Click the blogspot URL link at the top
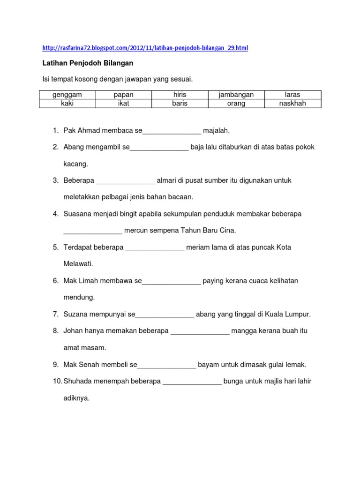pyautogui.click(x=145, y=48)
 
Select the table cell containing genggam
pyautogui.click(x=67, y=95)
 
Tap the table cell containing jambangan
pyautogui.click(x=236, y=95)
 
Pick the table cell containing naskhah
pyautogui.click(x=292, y=104)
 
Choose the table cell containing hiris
pyautogui.click(x=180, y=95)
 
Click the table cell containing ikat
pyautogui.click(x=123, y=104)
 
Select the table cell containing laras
pyautogui.click(x=292, y=95)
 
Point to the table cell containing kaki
pyautogui.click(x=67, y=104)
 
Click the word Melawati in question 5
pyautogui.click(x=78, y=264)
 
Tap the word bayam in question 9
pyautogui.click(x=208, y=364)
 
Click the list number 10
pyautogui.click(x=57, y=381)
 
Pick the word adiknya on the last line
pyautogui.click(x=76, y=398)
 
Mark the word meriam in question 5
pyautogui.click(x=197, y=247)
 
